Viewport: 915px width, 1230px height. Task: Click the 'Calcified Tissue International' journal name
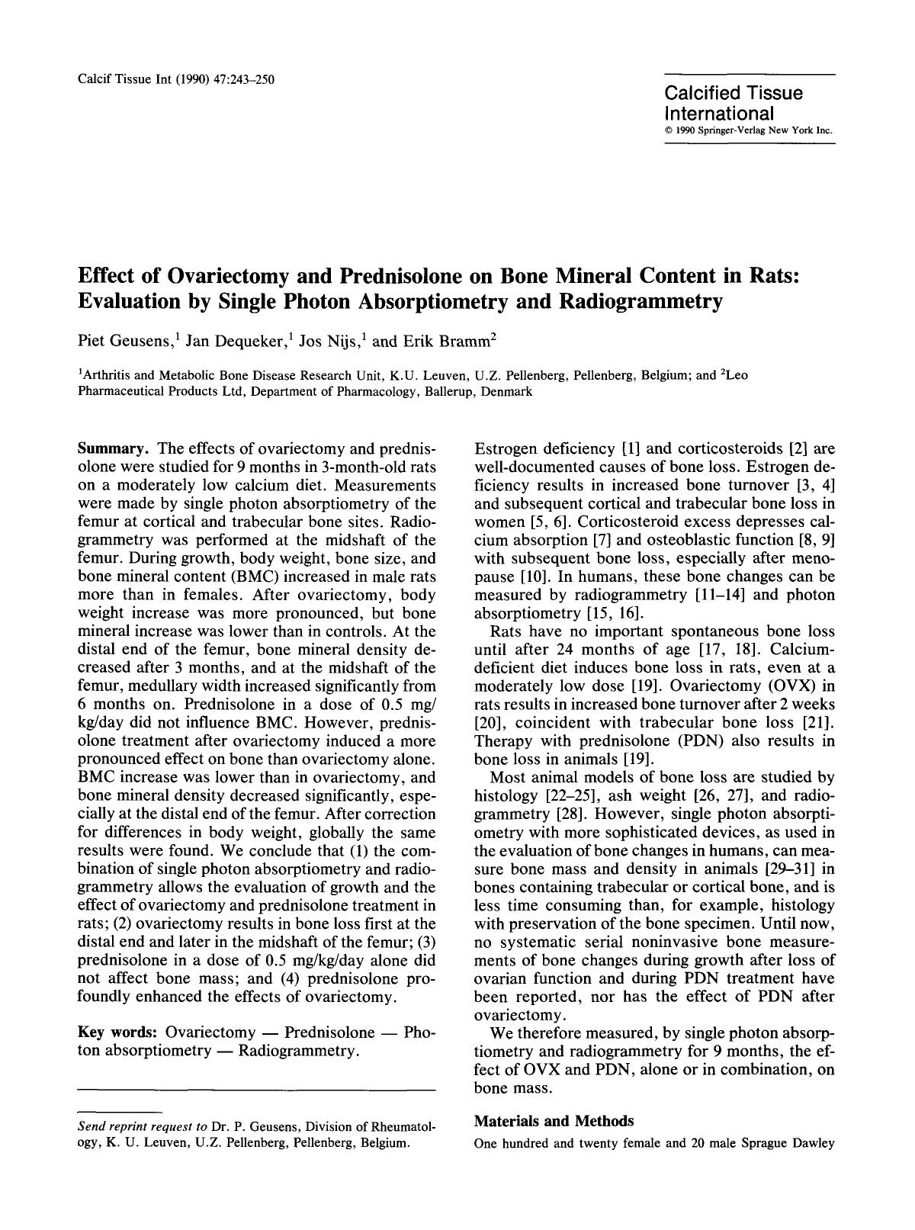pos(733,104)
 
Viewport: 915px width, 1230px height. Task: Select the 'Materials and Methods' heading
pos(554,1121)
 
